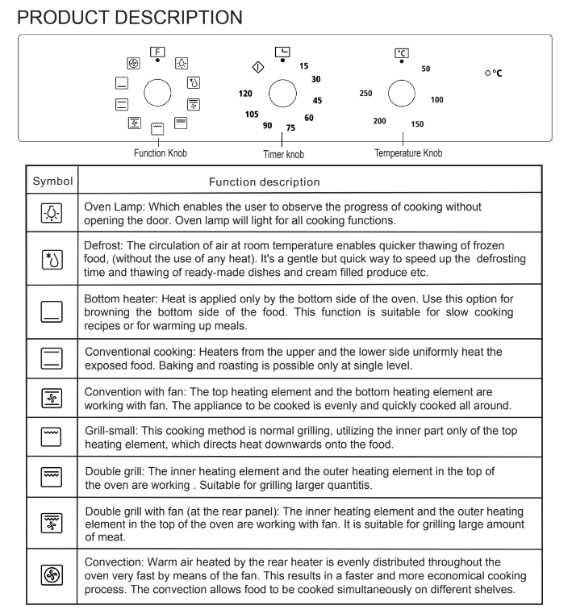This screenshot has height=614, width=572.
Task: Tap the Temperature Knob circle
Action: pos(402,94)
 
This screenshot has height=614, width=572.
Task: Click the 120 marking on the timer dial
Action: pos(246,94)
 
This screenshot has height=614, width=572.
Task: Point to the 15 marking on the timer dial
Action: pos(303,65)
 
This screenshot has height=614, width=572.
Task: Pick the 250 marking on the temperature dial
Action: pos(365,94)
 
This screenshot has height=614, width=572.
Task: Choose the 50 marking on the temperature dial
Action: pos(425,69)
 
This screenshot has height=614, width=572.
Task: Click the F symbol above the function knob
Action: pos(157,51)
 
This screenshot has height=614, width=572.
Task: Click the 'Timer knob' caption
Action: pos(283,153)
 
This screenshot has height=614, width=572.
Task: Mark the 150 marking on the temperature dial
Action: pos(417,124)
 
